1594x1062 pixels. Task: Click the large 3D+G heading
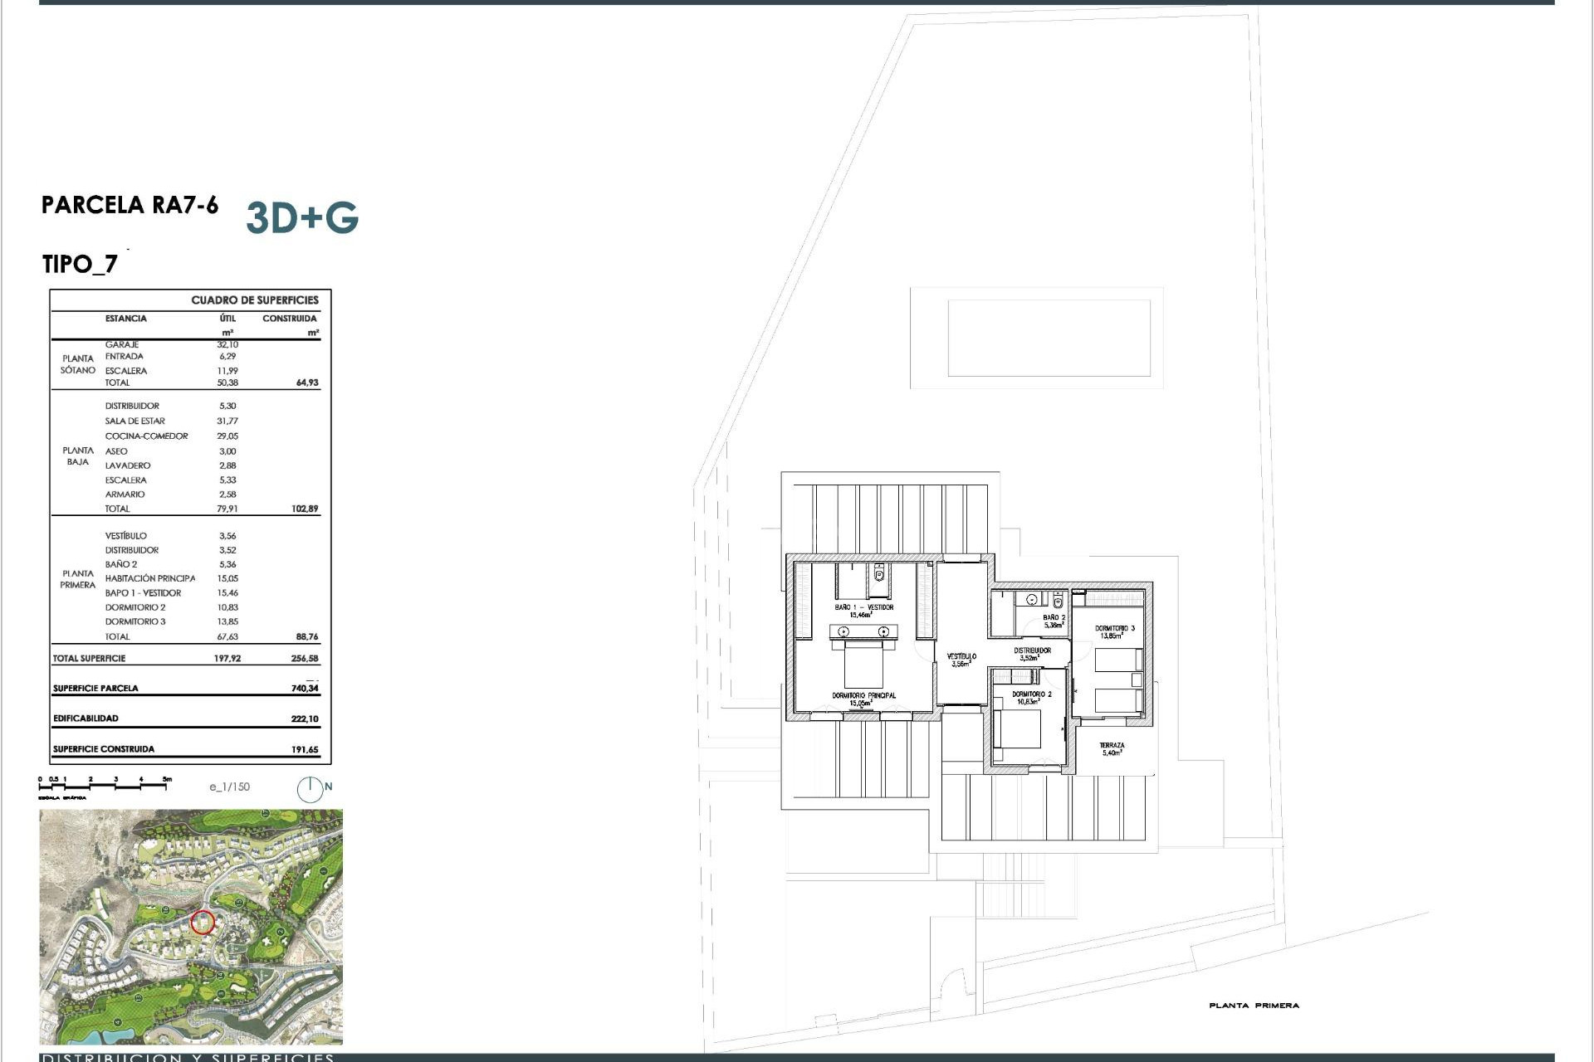(x=302, y=217)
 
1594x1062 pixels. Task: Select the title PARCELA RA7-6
(x=130, y=205)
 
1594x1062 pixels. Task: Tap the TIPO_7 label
(x=80, y=265)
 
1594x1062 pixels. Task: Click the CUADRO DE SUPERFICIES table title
(x=254, y=300)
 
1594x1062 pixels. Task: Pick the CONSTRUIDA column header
(x=289, y=319)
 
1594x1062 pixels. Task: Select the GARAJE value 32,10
(x=227, y=344)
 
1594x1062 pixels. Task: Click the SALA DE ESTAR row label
(x=134, y=421)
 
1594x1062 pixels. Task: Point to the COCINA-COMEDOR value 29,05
(x=227, y=436)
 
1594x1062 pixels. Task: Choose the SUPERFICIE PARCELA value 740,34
(x=305, y=688)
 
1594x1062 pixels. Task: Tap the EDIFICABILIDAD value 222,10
(x=305, y=719)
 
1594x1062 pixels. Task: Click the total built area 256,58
(x=305, y=659)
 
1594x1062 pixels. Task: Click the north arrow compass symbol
(x=310, y=789)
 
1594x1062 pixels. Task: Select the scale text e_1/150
(x=229, y=787)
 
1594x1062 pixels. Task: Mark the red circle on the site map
(x=203, y=923)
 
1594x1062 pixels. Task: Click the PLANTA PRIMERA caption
(x=1254, y=1006)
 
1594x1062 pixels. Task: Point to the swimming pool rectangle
(x=1049, y=339)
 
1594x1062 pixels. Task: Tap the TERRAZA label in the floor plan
(x=1112, y=746)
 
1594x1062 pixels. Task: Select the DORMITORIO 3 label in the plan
(x=1114, y=629)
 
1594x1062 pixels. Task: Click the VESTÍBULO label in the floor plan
(x=961, y=656)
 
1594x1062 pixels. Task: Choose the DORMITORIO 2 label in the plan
(x=1031, y=694)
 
